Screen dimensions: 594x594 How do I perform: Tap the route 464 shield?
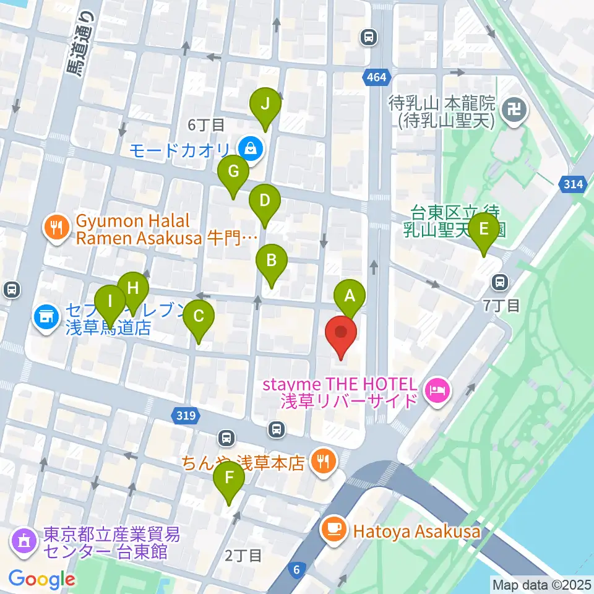coord(375,78)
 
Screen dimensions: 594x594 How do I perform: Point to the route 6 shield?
coord(299,569)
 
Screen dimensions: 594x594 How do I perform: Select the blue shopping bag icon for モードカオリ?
coord(251,148)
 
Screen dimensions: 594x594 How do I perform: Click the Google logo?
coord(42,579)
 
